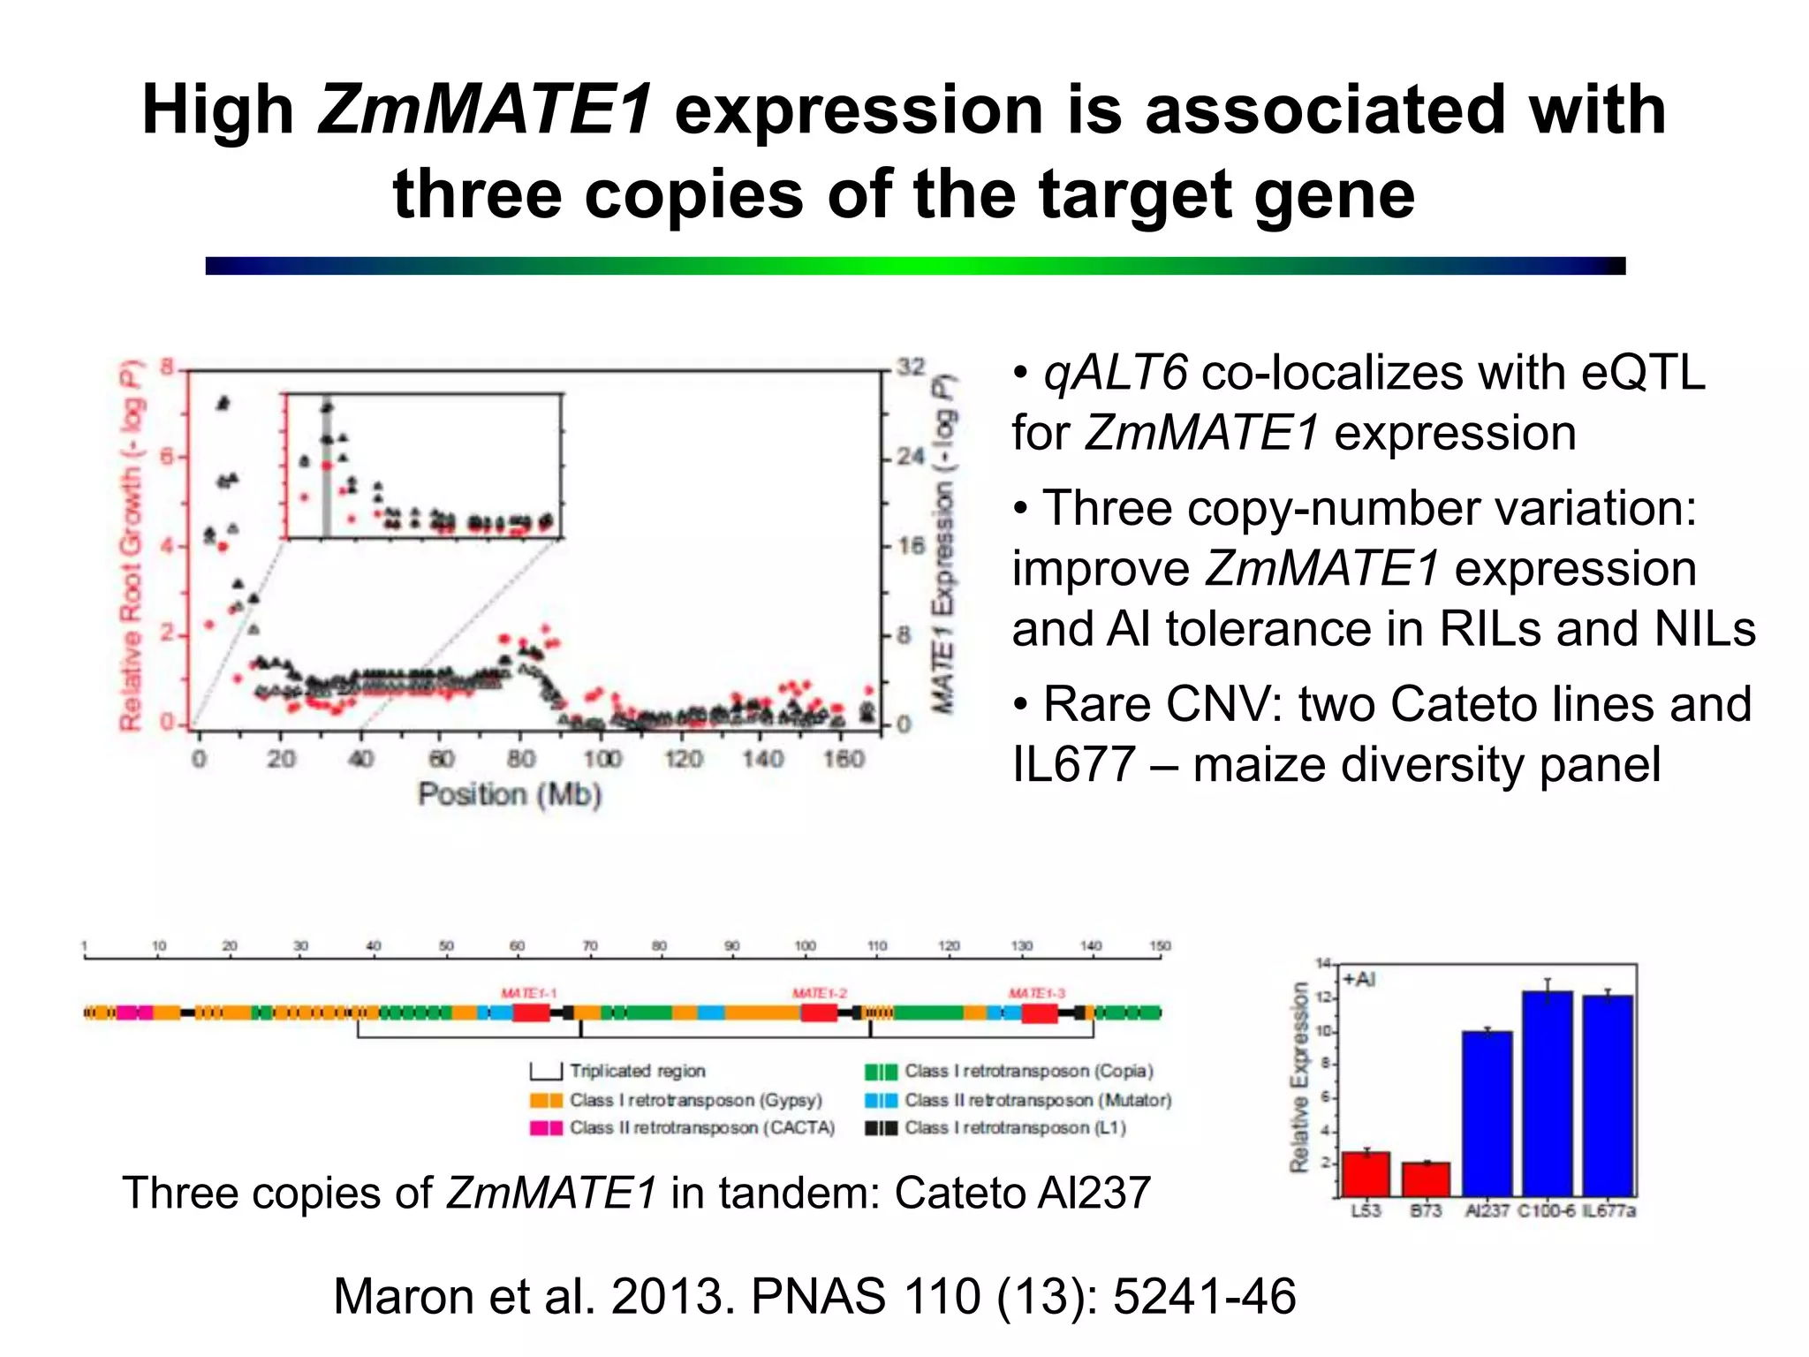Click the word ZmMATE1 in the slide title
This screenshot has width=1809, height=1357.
point(485,110)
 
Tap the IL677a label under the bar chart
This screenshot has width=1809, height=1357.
point(1608,1210)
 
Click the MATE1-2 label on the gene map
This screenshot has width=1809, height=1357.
point(819,994)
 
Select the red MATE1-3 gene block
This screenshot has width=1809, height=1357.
point(1039,1013)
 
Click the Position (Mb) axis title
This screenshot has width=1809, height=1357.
point(510,794)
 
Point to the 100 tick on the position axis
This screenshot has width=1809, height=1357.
point(602,759)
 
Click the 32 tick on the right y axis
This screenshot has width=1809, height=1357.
point(911,367)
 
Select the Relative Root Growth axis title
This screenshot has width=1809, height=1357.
point(131,545)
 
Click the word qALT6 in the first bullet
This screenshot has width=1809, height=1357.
point(1115,373)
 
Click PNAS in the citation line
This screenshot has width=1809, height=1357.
point(818,1297)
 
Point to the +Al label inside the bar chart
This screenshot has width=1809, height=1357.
point(1359,980)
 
